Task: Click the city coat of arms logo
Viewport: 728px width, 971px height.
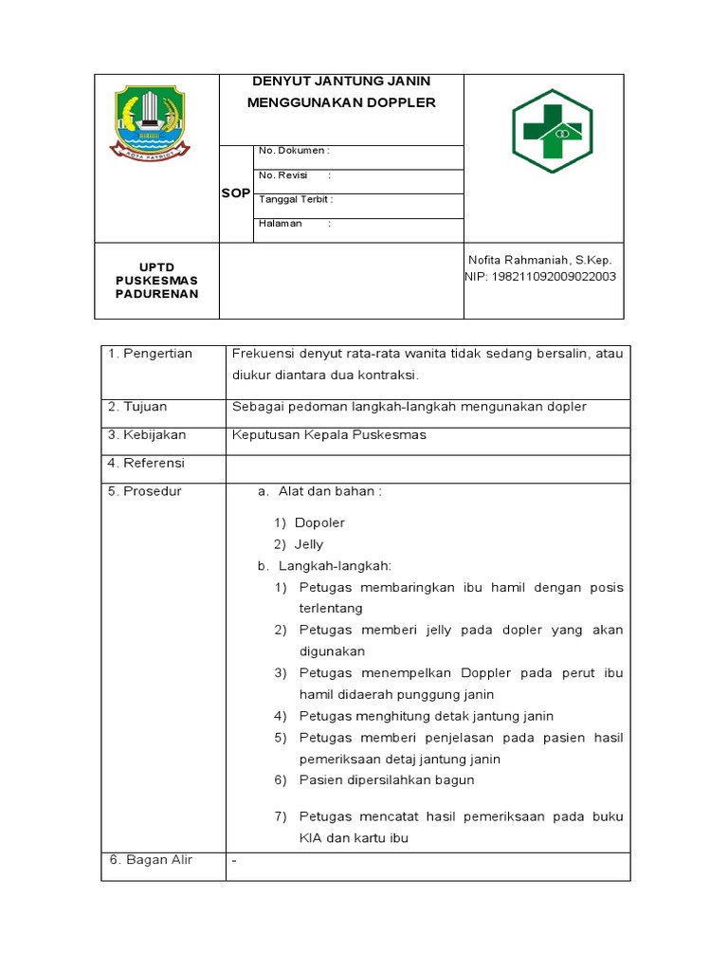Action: coord(151,120)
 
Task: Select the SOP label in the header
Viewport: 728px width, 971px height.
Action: coord(235,193)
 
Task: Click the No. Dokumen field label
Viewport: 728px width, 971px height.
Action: coord(293,151)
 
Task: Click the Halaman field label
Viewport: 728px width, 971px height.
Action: coord(281,224)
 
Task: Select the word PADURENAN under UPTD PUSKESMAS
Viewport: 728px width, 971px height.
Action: coord(157,294)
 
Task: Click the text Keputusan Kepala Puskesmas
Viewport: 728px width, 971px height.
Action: coord(330,435)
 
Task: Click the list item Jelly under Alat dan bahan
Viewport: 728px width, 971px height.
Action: coord(308,544)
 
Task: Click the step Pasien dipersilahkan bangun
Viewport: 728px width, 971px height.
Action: coord(387,780)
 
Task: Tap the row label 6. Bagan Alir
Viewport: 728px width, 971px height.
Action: coord(150,860)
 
